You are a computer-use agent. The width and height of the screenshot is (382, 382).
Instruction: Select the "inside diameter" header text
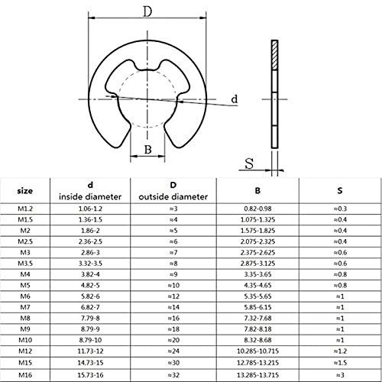(x=89, y=197)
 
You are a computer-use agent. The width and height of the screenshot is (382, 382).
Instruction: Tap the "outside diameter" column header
(x=173, y=197)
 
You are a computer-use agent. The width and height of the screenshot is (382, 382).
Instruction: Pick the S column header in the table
(x=339, y=191)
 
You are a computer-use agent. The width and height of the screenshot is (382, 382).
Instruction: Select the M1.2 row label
(x=24, y=209)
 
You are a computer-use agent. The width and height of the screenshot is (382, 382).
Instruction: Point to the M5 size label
(x=24, y=283)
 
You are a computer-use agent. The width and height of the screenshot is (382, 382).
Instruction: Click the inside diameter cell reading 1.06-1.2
(x=89, y=209)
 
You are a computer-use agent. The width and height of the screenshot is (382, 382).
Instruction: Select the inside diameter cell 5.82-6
(x=89, y=294)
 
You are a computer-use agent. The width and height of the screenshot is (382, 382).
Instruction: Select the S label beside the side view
(x=250, y=163)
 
